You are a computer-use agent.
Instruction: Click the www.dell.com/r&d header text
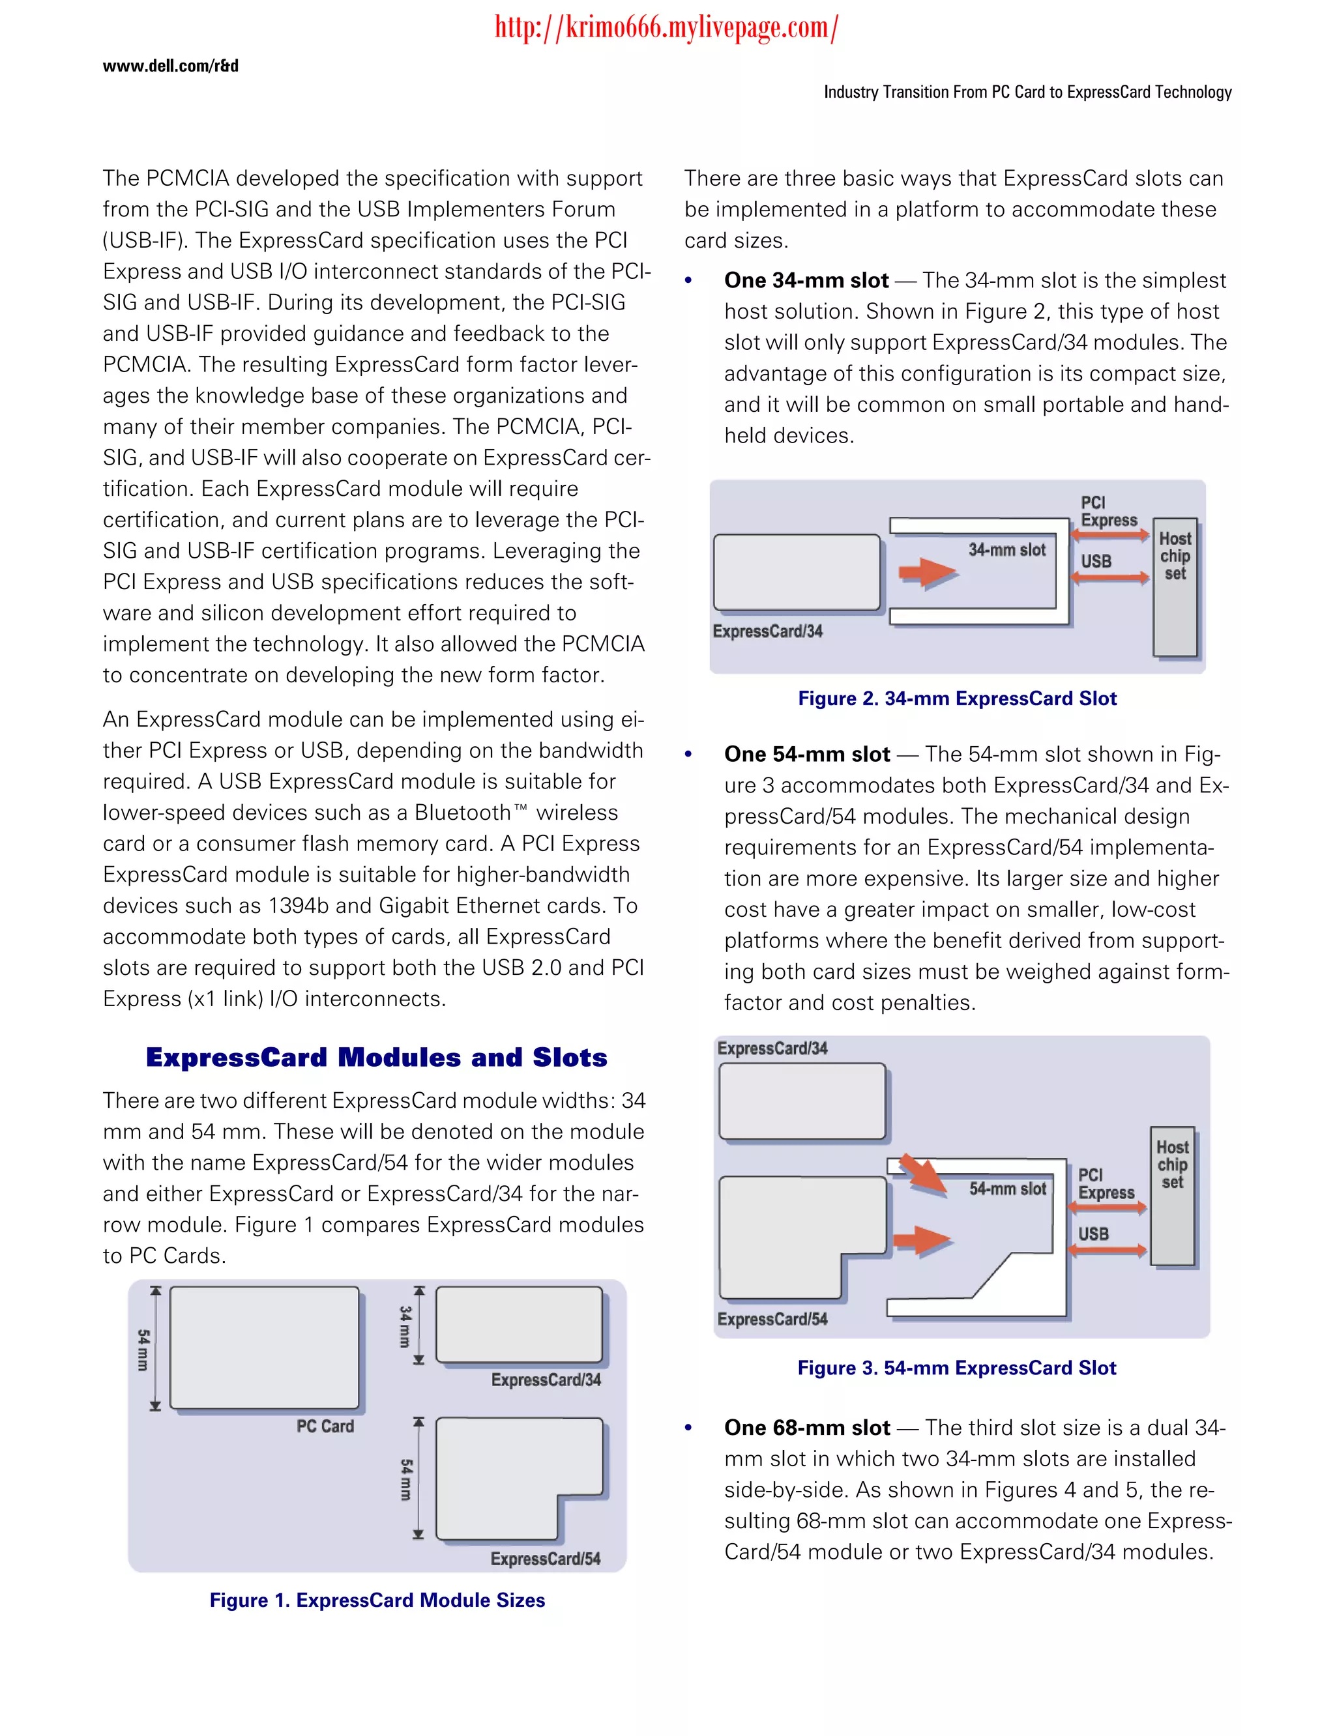(x=170, y=66)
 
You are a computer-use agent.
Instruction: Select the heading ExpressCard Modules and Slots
(x=377, y=1058)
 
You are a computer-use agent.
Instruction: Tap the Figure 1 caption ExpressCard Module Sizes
(x=377, y=1600)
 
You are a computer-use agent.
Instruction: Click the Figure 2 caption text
(x=957, y=699)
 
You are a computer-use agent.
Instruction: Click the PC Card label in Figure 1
(x=325, y=1426)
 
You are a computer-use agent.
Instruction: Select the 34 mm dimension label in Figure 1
(x=405, y=1326)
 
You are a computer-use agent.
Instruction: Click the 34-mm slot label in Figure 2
(x=1007, y=550)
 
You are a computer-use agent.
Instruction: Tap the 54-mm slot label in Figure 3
(x=1008, y=1189)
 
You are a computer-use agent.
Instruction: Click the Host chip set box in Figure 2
(x=1175, y=588)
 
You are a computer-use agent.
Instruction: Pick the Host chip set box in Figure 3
(x=1172, y=1196)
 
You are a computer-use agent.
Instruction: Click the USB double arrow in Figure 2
(x=1109, y=577)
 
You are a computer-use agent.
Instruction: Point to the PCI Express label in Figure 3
(x=1106, y=1184)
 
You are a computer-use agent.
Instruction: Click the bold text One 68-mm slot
(x=806, y=1428)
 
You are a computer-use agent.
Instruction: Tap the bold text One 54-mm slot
(x=806, y=754)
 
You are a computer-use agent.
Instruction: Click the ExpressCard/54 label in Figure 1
(x=545, y=1559)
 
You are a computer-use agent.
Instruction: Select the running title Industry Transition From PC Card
(x=1027, y=92)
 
